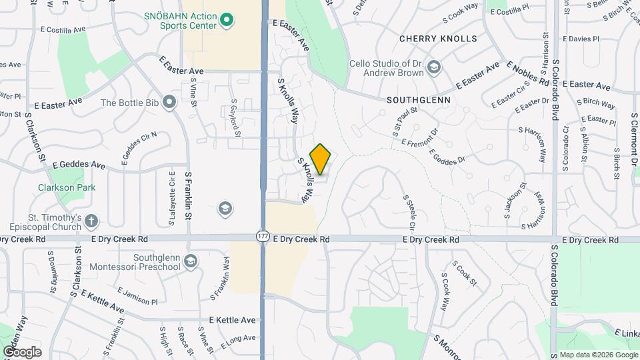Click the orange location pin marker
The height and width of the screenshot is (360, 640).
tap(321, 159)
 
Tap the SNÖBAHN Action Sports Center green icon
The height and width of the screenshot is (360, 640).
tap(227, 20)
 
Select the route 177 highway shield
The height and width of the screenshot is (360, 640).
tap(262, 236)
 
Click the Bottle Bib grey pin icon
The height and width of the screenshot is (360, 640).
tap(169, 103)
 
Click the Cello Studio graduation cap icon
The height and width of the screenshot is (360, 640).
tap(434, 67)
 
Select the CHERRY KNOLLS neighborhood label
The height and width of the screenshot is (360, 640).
tap(438, 39)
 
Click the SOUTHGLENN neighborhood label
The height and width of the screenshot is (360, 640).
tap(418, 100)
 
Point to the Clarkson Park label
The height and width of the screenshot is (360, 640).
tap(67, 187)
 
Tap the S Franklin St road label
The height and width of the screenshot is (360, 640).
tap(189, 196)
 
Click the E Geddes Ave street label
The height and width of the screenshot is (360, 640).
tap(79, 164)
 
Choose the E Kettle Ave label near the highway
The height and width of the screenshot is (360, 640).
tap(232, 320)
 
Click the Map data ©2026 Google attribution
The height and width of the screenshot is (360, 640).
tap(598, 355)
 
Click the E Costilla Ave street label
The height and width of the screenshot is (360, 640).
tap(63, 30)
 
